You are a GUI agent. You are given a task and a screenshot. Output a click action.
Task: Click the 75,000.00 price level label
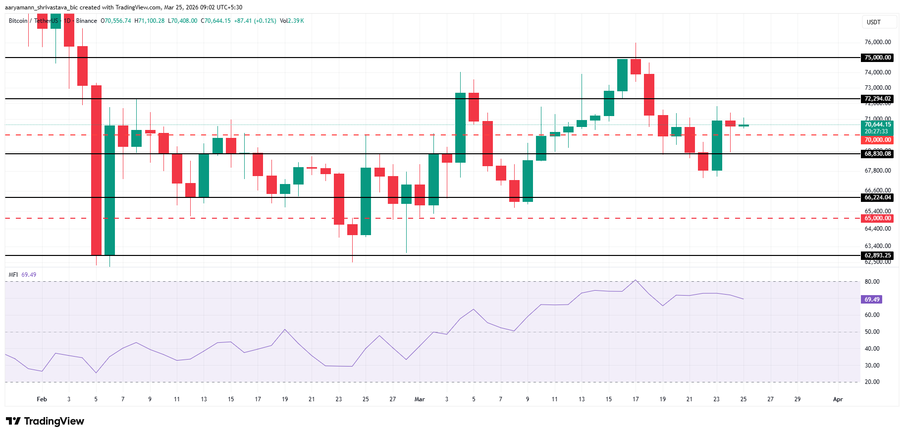[x=877, y=58]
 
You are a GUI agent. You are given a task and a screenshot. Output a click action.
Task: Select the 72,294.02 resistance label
[x=877, y=99]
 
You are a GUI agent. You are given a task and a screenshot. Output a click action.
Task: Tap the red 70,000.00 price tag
[x=877, y=140]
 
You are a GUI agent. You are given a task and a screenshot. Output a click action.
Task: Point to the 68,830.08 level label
[x=877, y=154]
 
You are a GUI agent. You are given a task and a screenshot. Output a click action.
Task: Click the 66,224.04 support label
[x=877, y=197]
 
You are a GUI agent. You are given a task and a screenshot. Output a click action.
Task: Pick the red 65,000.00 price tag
[x=877, y=218]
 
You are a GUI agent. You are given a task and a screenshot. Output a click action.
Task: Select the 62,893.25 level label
[x=877, y=255]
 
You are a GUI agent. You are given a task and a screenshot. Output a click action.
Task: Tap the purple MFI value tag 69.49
[x=872, y=300]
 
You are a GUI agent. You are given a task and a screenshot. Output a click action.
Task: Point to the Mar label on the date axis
[x=420, y=399]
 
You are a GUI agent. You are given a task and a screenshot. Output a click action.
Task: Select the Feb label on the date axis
[x=42, y=399]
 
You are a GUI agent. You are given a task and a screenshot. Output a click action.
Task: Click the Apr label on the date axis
[x=838, y=399]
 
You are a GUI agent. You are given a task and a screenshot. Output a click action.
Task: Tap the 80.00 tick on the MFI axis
[x=872, y=282]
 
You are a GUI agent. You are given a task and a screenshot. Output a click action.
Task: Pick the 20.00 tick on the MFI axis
[x=872, y=382]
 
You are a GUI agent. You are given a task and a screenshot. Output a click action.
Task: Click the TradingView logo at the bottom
[x=45, y=421]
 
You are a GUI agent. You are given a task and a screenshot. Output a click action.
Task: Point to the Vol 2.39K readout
[x=292, y=21]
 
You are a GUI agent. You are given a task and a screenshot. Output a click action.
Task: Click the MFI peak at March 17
[x=636, y=280]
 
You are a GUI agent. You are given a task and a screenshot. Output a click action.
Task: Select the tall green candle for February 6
[x=109, y=190]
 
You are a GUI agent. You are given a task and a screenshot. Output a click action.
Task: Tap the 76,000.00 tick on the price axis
[x=877, y=42]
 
